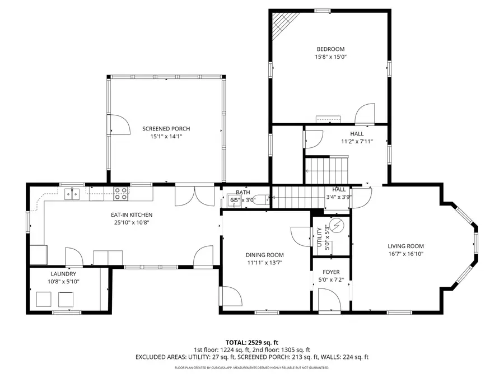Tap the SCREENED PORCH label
point(166,128)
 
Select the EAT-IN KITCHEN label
point(132,214)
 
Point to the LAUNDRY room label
point(63,274)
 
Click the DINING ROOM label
point(265,255)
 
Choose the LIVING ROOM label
point(406,246)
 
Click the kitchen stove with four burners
point(120,194)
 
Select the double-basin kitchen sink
point(72,194)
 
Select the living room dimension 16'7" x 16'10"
point(406,254)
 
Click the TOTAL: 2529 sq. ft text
point(251,342)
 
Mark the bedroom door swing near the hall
point(365,114)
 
